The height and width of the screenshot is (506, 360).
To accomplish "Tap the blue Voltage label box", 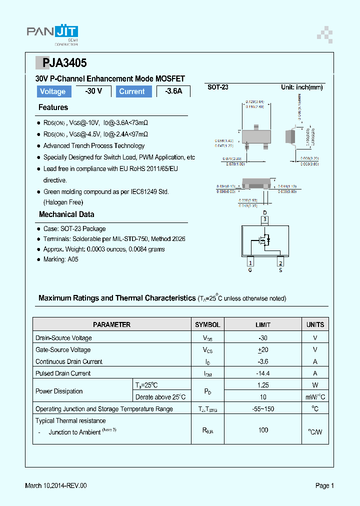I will coord(52,91).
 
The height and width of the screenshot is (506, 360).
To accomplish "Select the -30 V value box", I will coord(93,91).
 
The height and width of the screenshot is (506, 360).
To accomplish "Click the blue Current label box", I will coord(132,91).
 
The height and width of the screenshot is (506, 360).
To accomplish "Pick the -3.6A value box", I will coord(173,91).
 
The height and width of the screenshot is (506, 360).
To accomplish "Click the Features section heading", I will coord(53,107).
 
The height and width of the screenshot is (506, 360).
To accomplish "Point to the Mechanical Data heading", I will coord(66,214).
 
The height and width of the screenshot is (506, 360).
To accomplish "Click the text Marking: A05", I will coord(60,259).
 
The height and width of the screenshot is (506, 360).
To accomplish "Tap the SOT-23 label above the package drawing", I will coord(218,87).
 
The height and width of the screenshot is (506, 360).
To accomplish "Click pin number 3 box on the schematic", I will coord(265,219).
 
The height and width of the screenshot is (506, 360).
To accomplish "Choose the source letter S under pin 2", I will coord(280,270).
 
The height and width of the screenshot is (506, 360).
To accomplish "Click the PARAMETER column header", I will coord(112,324).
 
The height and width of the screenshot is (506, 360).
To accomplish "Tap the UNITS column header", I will coord(315,324).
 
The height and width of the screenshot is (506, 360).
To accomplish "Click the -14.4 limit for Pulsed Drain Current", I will coord(263,373).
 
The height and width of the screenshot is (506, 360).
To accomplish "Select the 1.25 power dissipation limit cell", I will coord(263,385).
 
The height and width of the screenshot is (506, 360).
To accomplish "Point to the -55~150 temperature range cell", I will coord(263,409).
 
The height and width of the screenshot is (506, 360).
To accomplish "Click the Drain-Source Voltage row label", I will coord(63,338).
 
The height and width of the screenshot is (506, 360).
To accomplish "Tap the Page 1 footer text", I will coord(324,485).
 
